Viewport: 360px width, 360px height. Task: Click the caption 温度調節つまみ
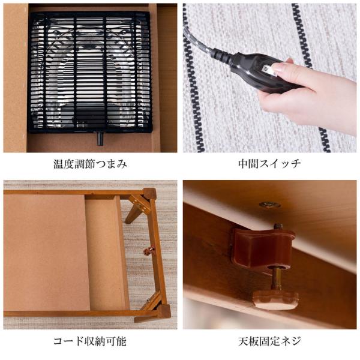coord(90,163)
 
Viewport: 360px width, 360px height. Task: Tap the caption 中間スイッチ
coord(269,163)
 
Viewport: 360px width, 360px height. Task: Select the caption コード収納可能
coord(90,341)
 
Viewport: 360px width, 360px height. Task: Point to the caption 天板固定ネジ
coord(269,341)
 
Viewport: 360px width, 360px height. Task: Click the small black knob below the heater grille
coord(100,139)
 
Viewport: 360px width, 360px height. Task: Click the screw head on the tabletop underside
coord(269,205)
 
